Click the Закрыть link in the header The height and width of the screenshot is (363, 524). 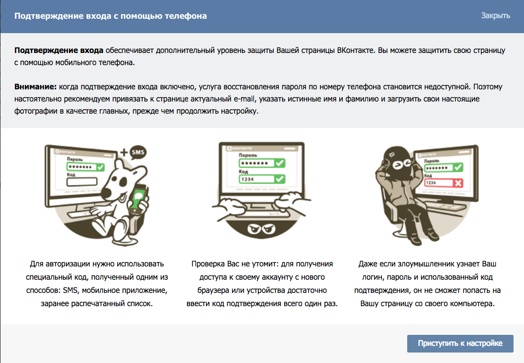[x=495, y=16]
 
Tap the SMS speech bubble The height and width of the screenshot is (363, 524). [x=138, y=153]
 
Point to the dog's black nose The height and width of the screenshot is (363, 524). [x=106, y=193]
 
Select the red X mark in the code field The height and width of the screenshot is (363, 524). [x=458, y=183]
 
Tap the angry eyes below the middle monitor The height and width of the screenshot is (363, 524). [x=261, y=229]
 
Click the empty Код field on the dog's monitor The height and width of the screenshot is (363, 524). [x=82, y=181]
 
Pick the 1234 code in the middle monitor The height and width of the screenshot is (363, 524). [x=247, y=179]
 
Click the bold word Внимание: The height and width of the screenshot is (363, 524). [x=35, y=87]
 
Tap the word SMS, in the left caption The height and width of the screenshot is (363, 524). [x=71, y=290]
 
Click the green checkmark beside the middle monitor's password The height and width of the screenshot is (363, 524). [x=279, y=163]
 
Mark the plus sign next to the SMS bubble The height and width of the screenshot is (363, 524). [x=125, y=153]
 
